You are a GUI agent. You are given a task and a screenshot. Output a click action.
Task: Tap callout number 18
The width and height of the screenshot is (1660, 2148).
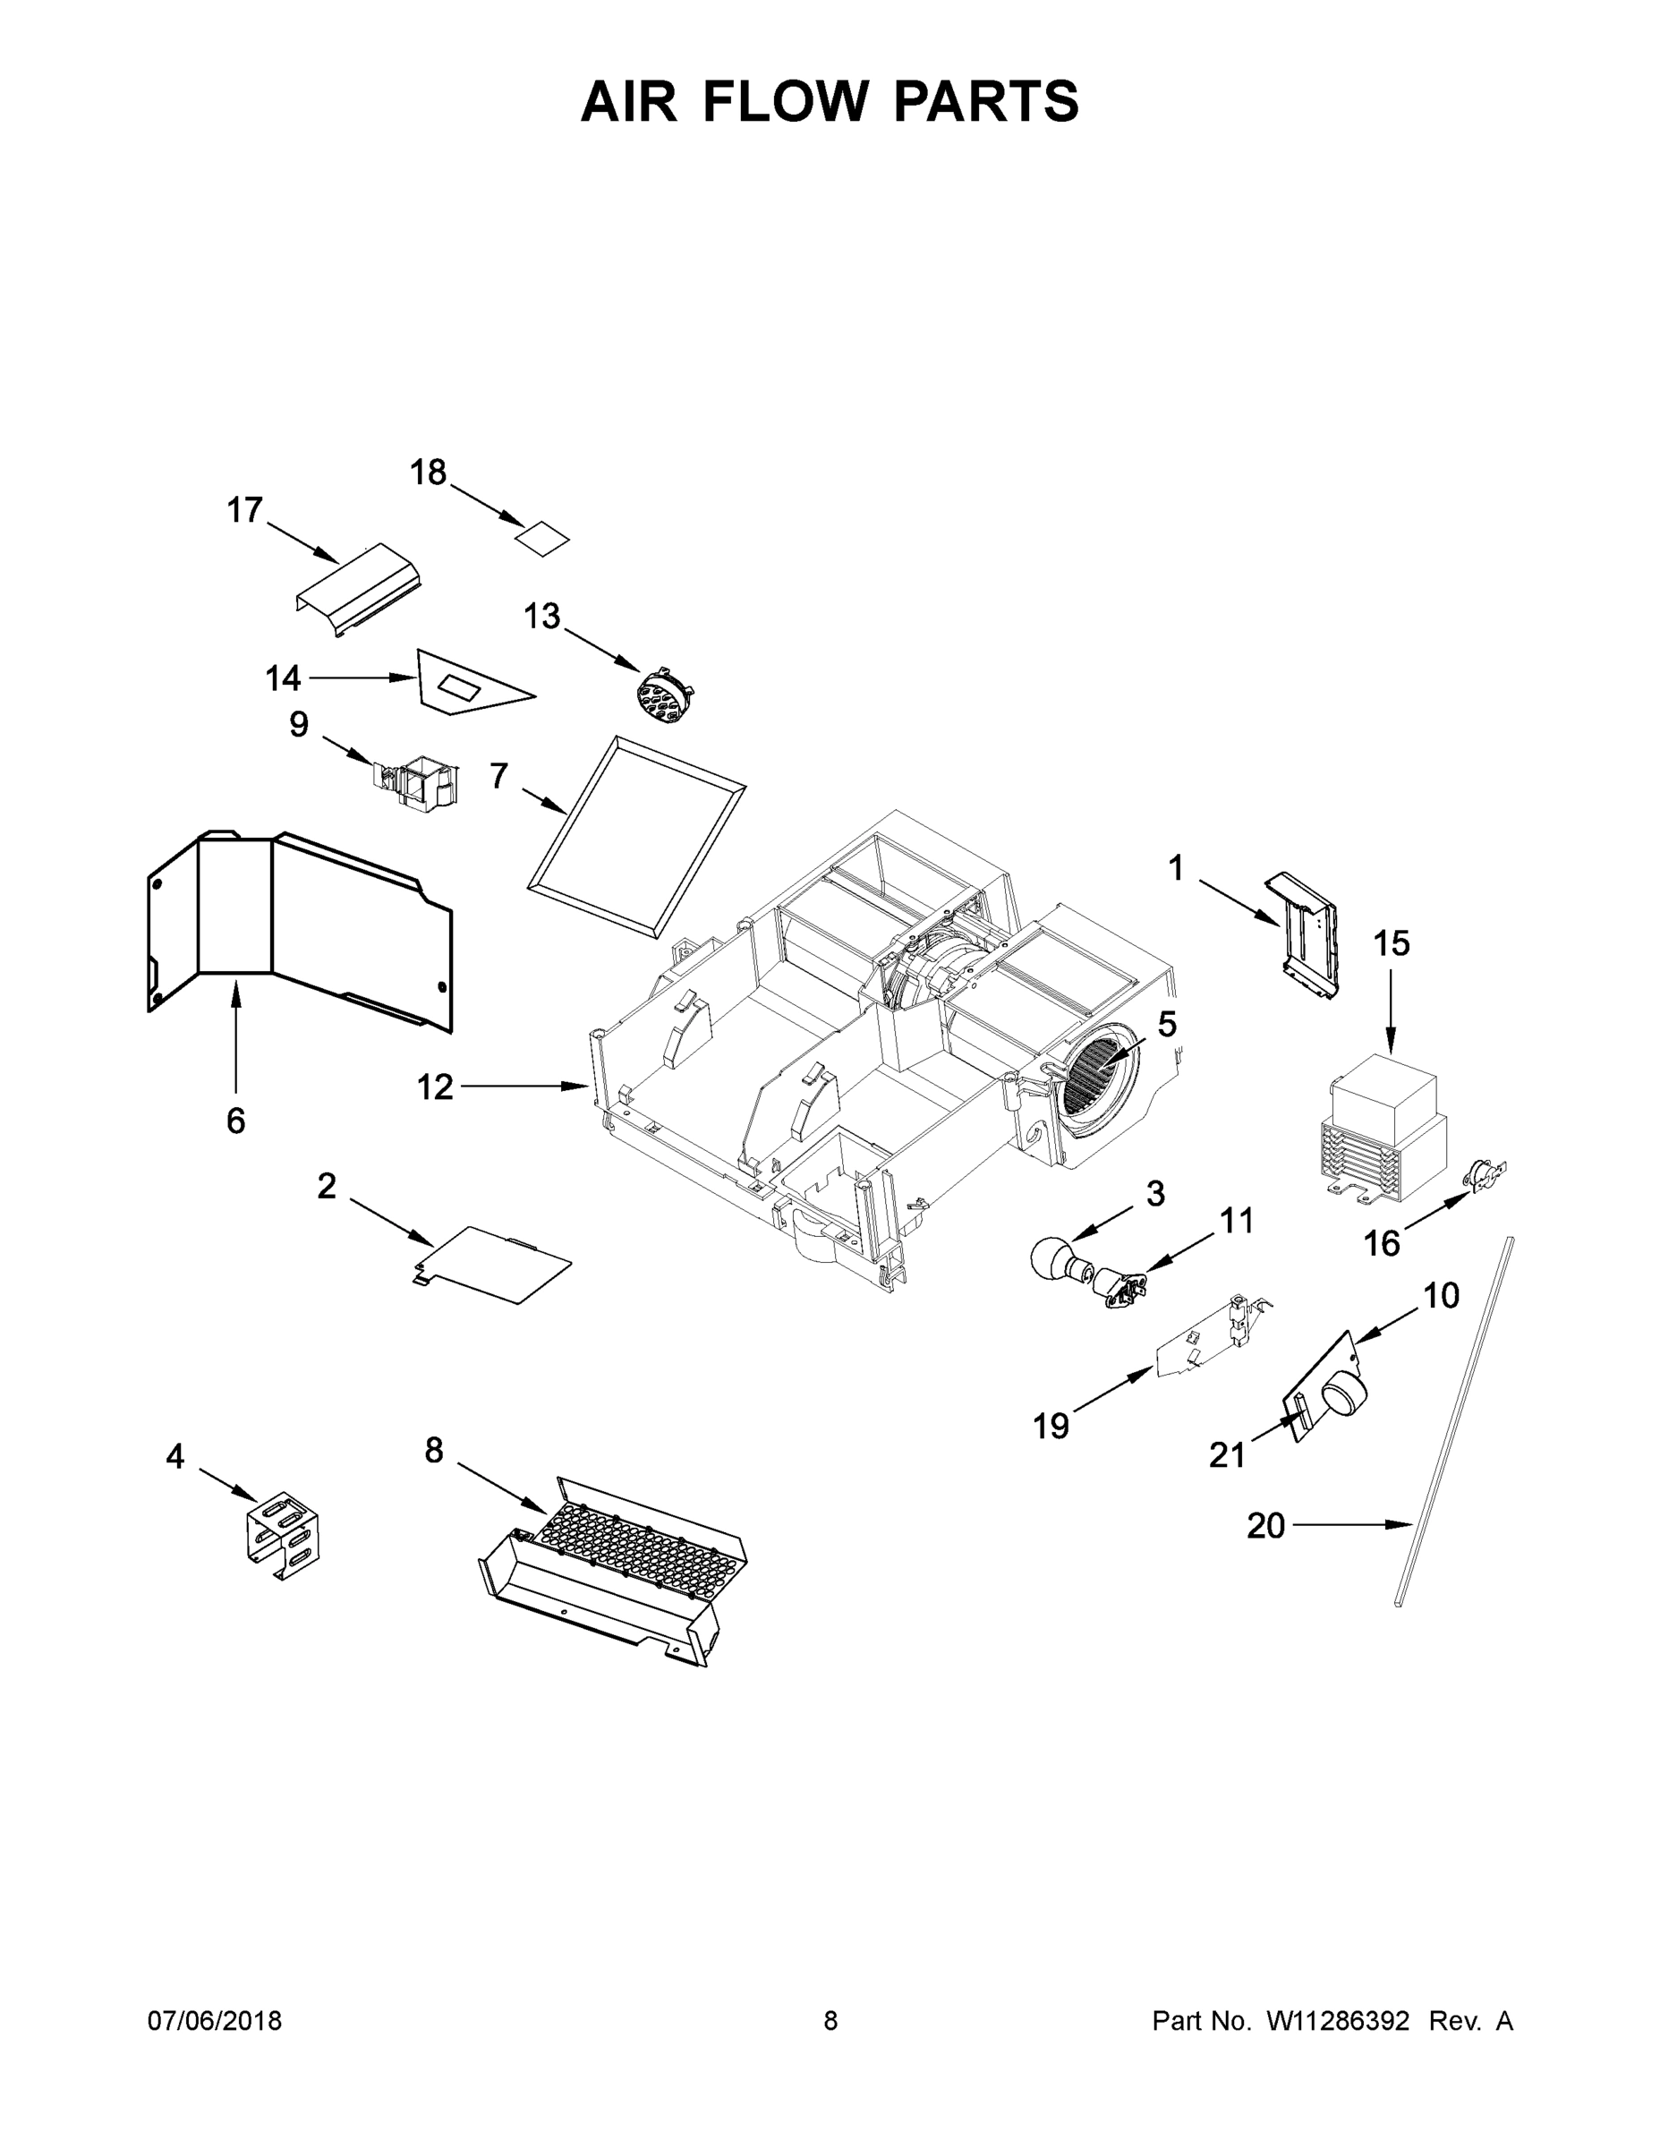point(429,473)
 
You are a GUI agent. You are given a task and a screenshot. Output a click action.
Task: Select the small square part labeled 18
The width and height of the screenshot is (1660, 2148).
point(544,539)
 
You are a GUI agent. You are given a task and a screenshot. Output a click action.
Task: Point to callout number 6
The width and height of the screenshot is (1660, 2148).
point(236,1121)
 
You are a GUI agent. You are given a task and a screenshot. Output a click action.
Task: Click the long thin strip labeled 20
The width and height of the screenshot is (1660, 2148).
point(1453,1426)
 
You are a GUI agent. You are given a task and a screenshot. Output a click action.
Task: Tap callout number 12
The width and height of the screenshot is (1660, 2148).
point(434,1087)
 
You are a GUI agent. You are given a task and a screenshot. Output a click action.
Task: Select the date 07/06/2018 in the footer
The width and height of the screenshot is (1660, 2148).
point(215,2021)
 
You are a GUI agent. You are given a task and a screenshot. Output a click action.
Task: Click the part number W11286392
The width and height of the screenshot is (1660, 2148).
point(1338,2021)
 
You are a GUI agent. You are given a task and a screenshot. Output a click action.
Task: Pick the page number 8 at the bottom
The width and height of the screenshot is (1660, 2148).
point(830,2021)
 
